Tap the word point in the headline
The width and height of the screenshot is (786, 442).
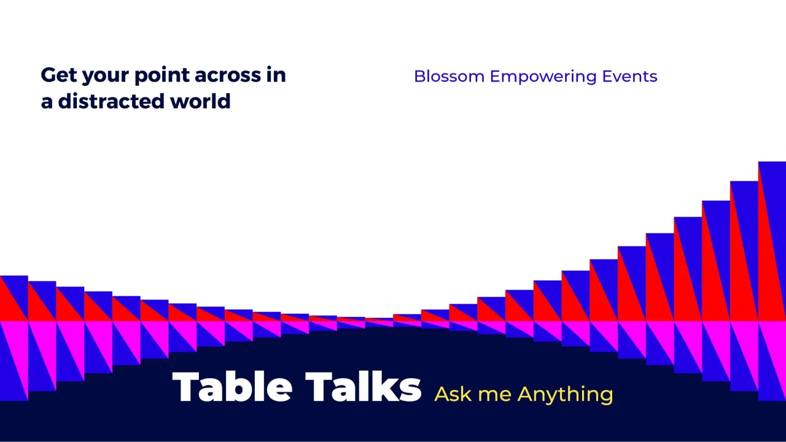162,76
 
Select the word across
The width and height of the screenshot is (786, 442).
228,76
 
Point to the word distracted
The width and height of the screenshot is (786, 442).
111,101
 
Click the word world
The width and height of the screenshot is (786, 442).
200,101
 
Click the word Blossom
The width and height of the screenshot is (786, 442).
449,76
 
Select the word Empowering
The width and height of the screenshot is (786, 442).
543,77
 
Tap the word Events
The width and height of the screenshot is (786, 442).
629,76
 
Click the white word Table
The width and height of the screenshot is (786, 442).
232,387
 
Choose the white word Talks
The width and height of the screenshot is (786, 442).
363,387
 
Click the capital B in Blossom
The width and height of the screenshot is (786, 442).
420,76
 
